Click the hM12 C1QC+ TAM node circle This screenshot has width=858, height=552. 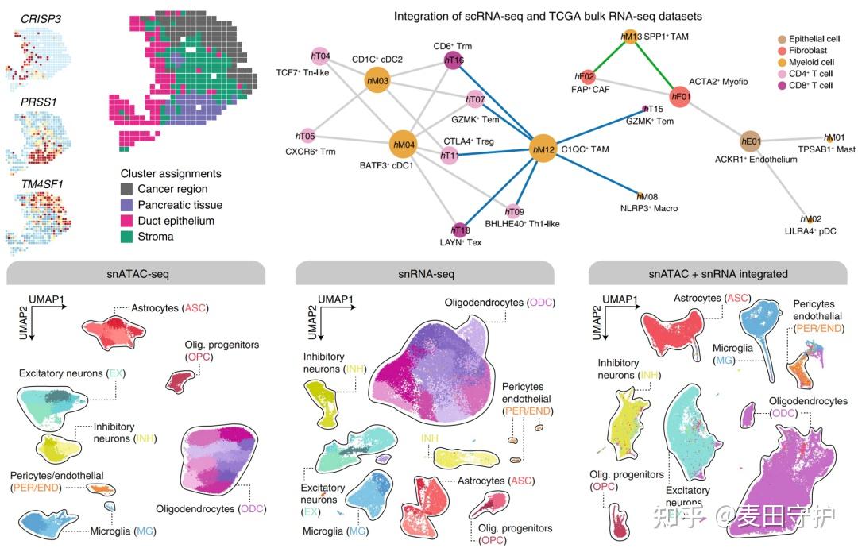544,149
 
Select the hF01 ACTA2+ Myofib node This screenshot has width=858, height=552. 681,97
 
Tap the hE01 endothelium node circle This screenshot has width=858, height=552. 751,142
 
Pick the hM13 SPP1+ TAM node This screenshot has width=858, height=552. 629,37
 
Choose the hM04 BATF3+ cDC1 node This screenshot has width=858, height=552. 404,145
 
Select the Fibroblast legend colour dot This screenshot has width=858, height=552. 783,52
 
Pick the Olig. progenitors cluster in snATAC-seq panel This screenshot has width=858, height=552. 183,382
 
